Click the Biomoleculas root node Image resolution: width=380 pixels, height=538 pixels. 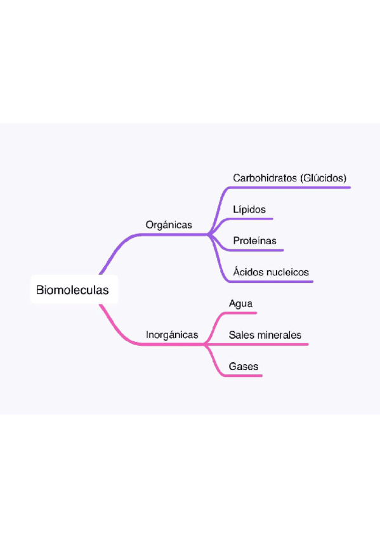pos(74,289)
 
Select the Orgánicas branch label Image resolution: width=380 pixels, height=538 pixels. pos(169,225)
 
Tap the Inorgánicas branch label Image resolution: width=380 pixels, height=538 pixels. pos(172,334)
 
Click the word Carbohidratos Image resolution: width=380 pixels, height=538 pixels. pos(265,178)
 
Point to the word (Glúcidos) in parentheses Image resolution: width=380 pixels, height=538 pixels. pos(323,178)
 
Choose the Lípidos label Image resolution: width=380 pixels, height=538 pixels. pos(249,209)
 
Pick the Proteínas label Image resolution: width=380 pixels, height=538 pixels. pos(254,240)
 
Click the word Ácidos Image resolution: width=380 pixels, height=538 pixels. pos(248,272)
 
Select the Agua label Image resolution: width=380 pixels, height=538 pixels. pos(241,304)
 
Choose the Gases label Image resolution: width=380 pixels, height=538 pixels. pos(244,367)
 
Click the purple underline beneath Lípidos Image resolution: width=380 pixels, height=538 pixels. pos(251,218)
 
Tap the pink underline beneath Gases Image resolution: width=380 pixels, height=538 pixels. pos(243,376)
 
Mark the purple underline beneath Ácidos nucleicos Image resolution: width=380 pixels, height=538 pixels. pos(271,282)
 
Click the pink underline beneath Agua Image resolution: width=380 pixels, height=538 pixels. pos(240,313)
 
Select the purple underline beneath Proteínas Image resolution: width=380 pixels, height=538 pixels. pos(256,251)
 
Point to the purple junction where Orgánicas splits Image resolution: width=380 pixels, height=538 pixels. pos(209,235)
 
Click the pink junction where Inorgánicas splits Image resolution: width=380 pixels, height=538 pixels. pos(205,344)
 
